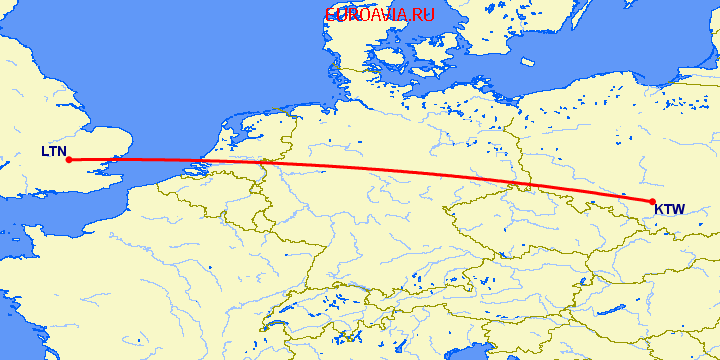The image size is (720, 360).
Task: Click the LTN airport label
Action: [53, 152]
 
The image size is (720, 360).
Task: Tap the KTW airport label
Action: [670, 210]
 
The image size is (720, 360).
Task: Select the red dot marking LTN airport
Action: [67, 159]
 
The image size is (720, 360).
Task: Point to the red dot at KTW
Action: [653, 202]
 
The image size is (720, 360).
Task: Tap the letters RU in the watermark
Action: [423, 15]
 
